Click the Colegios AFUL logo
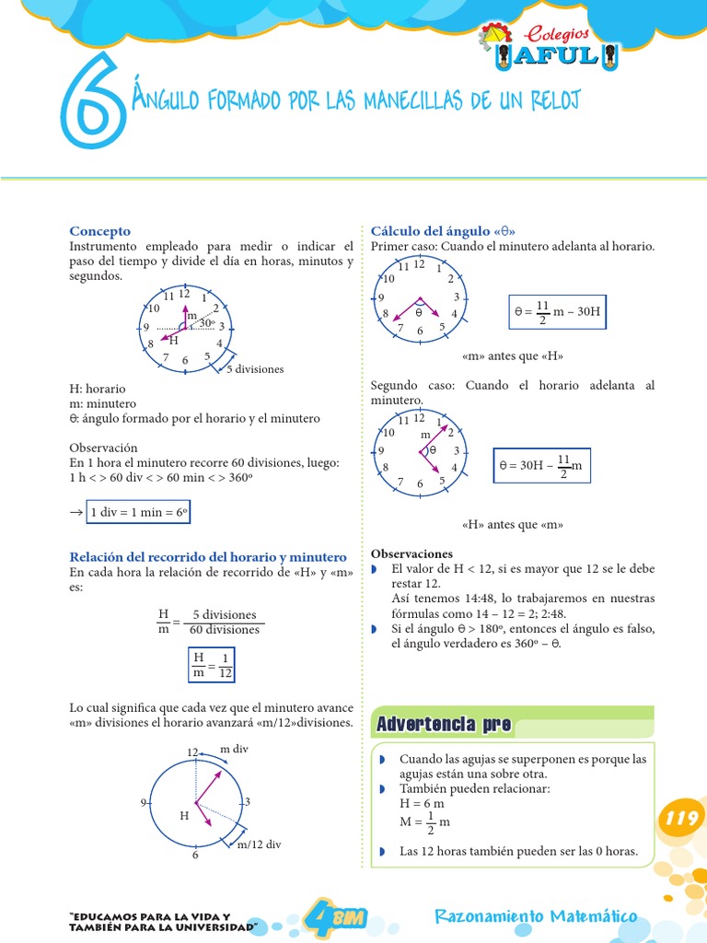point(551,47)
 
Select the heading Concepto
point(100,231)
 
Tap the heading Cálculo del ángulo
point(443,231)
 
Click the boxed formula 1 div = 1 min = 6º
point(138,513)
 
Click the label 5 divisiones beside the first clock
point(255,369)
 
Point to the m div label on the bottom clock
point(234,750)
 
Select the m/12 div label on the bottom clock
point(260,844)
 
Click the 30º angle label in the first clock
point(207,323)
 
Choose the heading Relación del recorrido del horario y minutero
point(209,557)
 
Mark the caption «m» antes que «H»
point(512,356)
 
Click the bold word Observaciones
point(411,553)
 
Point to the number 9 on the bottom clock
point(144,803)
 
